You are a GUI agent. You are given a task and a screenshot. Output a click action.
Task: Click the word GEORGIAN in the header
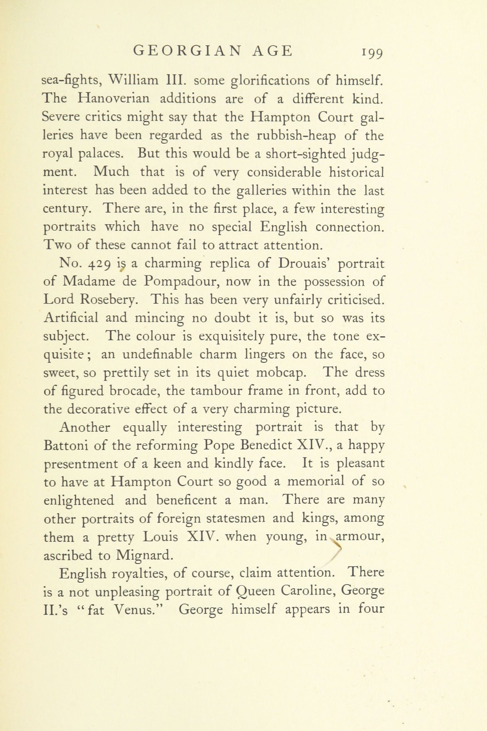(187, 51)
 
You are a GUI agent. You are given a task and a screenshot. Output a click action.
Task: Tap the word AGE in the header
(272, 51)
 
